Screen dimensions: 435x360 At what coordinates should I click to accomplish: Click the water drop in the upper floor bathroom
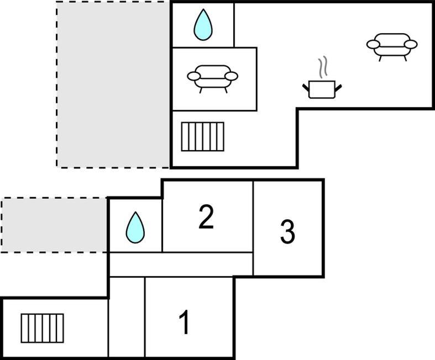click(203, 25)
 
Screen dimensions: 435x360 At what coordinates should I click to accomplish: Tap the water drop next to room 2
click(135, 228)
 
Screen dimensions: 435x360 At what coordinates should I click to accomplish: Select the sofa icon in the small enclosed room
click(212, 78)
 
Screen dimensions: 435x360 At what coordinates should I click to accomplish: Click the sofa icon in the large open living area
click(392, 46)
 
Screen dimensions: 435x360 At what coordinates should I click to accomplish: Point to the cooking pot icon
click(322, 89)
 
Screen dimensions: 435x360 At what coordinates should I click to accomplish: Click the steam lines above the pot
click(322, 66)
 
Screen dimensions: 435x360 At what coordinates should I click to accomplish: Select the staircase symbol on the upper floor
click(202, 136)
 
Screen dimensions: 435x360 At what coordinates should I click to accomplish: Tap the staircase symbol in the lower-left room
click(42, 328)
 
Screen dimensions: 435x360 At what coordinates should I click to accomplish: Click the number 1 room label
click(185, 322)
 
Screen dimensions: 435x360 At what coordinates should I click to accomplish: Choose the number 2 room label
click(206, 217)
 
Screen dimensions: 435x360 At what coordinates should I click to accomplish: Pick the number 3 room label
click(287, 232)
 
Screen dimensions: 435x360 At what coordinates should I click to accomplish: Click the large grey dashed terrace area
click(113, 84)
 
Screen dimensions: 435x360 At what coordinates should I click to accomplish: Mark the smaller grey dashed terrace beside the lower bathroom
click(54, 225)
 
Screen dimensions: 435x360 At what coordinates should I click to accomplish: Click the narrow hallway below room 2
click(181, 264)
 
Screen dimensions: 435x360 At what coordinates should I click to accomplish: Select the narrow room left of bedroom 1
click(127, 317)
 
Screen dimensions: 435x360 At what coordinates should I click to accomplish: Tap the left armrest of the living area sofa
click(373, 44)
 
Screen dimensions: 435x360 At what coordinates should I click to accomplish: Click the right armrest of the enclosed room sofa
click(231, 76)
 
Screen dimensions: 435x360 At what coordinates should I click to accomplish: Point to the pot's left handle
click(306, 88)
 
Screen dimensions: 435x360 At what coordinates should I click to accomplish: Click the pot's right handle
click(338, 88)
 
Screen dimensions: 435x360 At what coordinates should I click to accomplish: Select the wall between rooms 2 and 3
click(253, 229)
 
